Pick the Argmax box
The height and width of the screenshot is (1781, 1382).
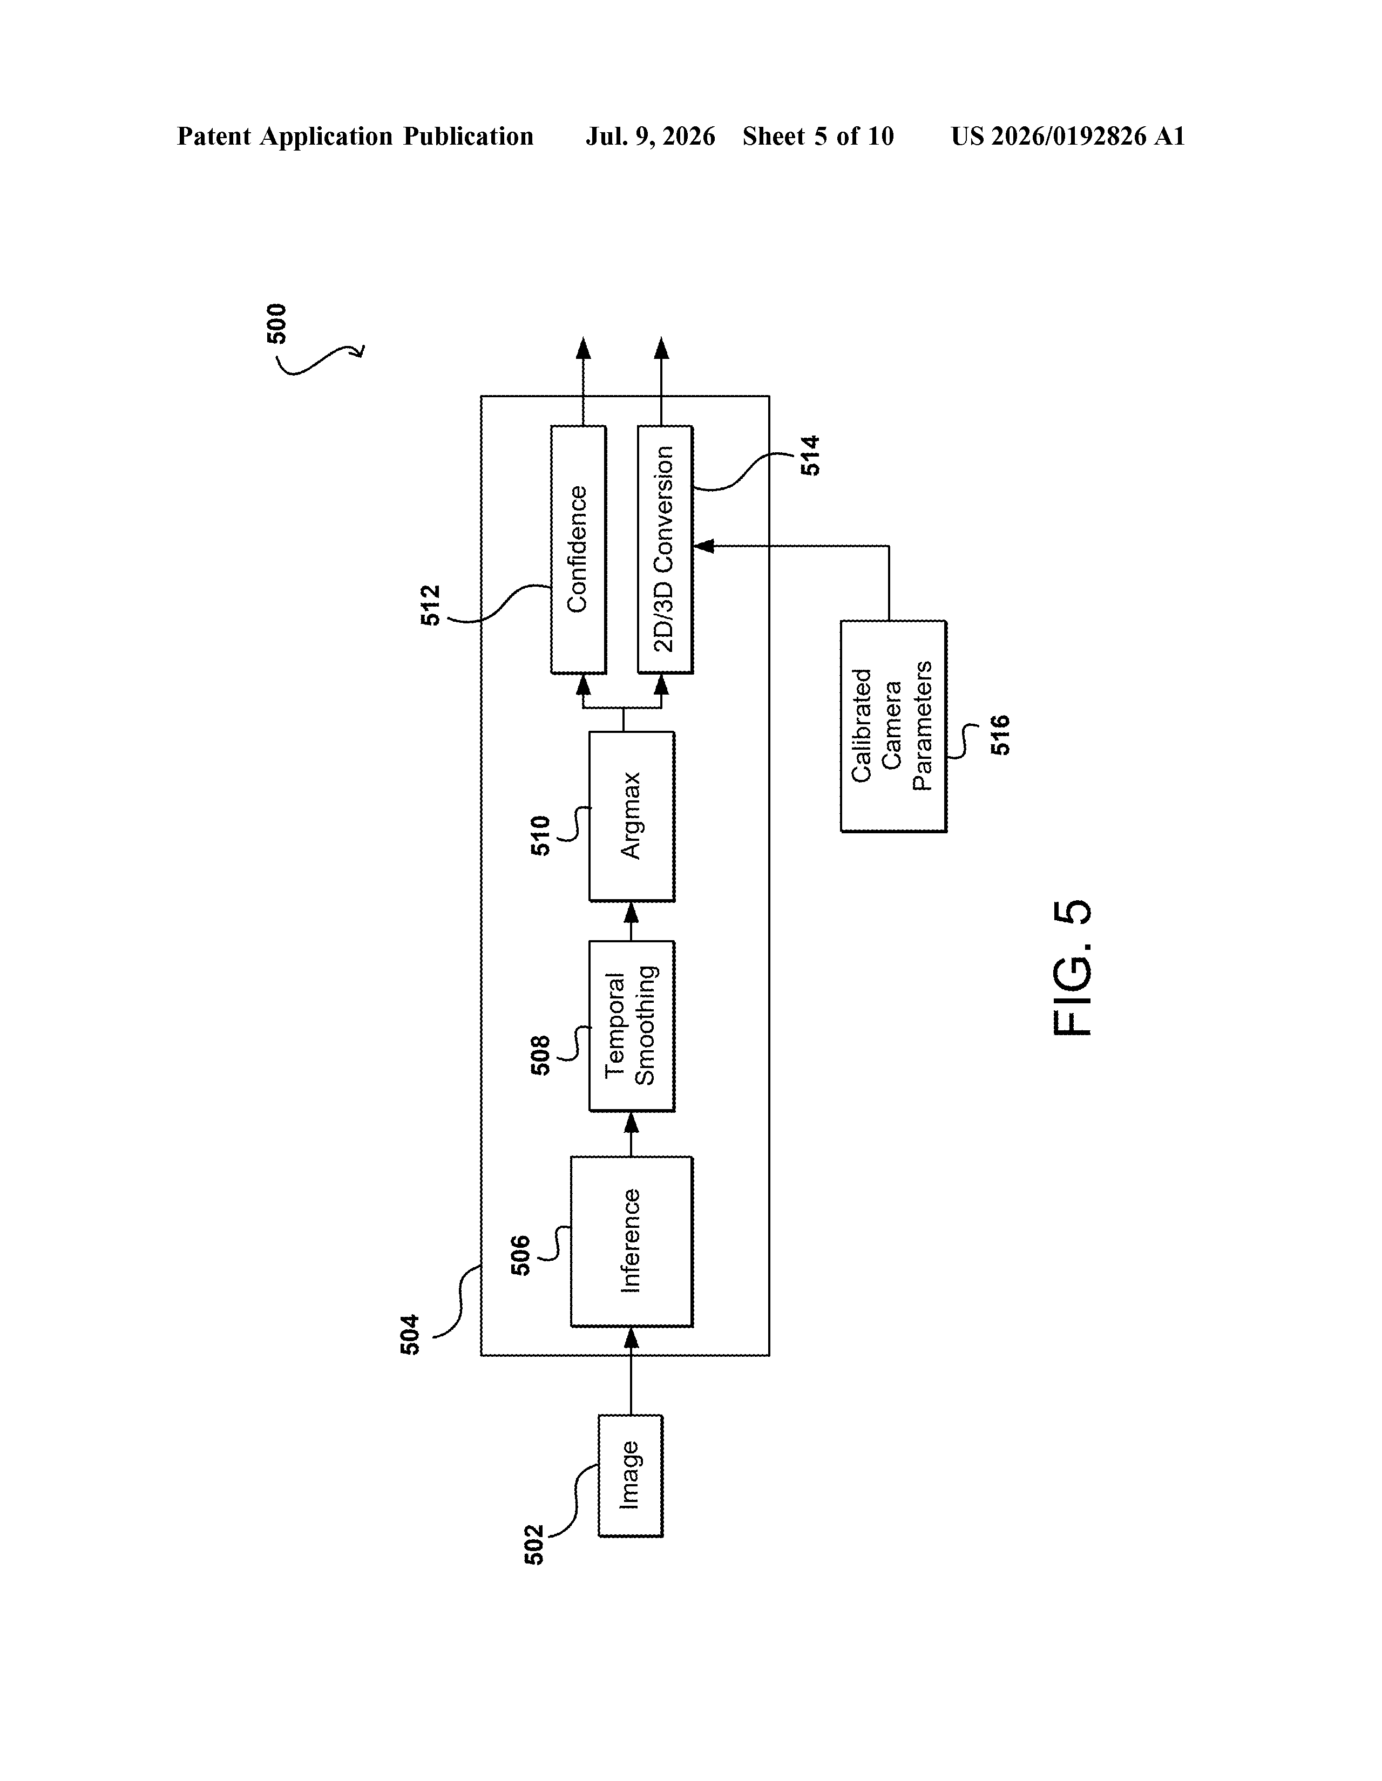pyautogui.click(x=632, y=816)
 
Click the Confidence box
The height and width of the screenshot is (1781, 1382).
pyautogui.click(x=578, y=549)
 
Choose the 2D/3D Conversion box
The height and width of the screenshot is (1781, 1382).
pyautogui.click(x=665, y=549)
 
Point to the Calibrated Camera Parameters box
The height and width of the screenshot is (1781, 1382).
pyautogui.click(x=893, y=726)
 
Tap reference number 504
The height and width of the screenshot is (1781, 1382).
pyautogui.click(x=410, y=1335)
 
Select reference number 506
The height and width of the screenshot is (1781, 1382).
pyautogui.click(x=520, y=1256)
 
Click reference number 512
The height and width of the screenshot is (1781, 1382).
pyautogui.click(x=431, y=605)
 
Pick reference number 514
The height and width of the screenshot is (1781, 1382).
pyautogui.click(x=810, y=456)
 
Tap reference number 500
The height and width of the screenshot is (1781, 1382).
pyautogui.click(x=277, y=324)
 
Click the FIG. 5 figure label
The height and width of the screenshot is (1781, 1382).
pyautogui.click(x=1072, y=968)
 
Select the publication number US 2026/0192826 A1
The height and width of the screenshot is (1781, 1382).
pyautogui.click(x=1068, y=136)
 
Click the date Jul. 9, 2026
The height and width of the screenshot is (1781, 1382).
pyautogui.click(x=650, y=136)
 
